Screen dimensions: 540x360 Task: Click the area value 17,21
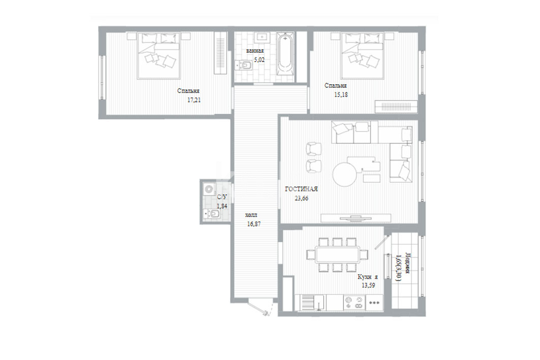(x=194, y=100)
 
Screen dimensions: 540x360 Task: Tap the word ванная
(x=255, y=51)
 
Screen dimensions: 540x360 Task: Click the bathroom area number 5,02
(x=259, y=59)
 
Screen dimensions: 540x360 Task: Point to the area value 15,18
(x=341, y=94)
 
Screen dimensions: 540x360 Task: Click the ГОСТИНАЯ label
(x=301, y=189)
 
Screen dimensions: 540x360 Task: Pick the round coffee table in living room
(x=345, y=175)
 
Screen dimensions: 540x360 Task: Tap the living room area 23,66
(x=301, y=198)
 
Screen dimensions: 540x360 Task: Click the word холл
(x=251, y=215)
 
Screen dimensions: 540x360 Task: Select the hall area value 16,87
(x=254, y=224)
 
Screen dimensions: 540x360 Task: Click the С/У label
(x=222, y=197)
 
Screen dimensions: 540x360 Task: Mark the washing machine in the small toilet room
(x=209, y=189)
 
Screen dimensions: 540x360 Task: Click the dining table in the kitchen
(x=337, y=255)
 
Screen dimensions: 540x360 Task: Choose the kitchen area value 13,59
(x=368, y=285)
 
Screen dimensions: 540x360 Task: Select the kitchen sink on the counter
(x=312, y=303)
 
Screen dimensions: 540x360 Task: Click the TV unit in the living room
(x=356, y=218)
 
